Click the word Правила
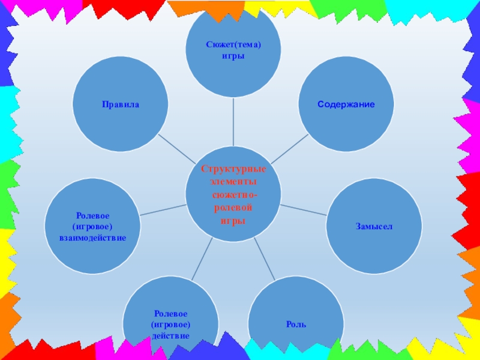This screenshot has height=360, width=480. click(120, 104)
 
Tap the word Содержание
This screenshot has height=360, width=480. click(346, 104)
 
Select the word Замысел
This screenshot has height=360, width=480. click(373, 226)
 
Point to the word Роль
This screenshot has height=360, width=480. click(296, 325)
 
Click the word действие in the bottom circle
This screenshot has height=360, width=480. click(171, 335)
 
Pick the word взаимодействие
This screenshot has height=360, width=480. click(92, 238)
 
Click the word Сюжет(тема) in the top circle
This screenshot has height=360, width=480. click(233, 45)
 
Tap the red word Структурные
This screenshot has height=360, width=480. click(233, 169)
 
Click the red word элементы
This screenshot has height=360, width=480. click(233, 182)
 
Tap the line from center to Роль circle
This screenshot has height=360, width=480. click(264, 258)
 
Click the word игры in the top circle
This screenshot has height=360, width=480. click(233, 55)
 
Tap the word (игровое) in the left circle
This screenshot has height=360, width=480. click(92, 226)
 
